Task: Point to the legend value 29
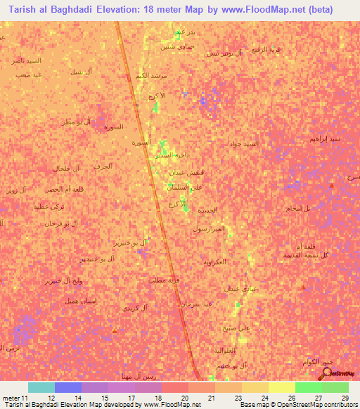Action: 344,397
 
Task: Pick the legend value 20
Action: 184,397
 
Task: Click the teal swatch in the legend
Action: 41,387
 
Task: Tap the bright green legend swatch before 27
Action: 308,387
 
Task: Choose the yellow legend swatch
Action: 281,387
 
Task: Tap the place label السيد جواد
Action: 244,144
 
